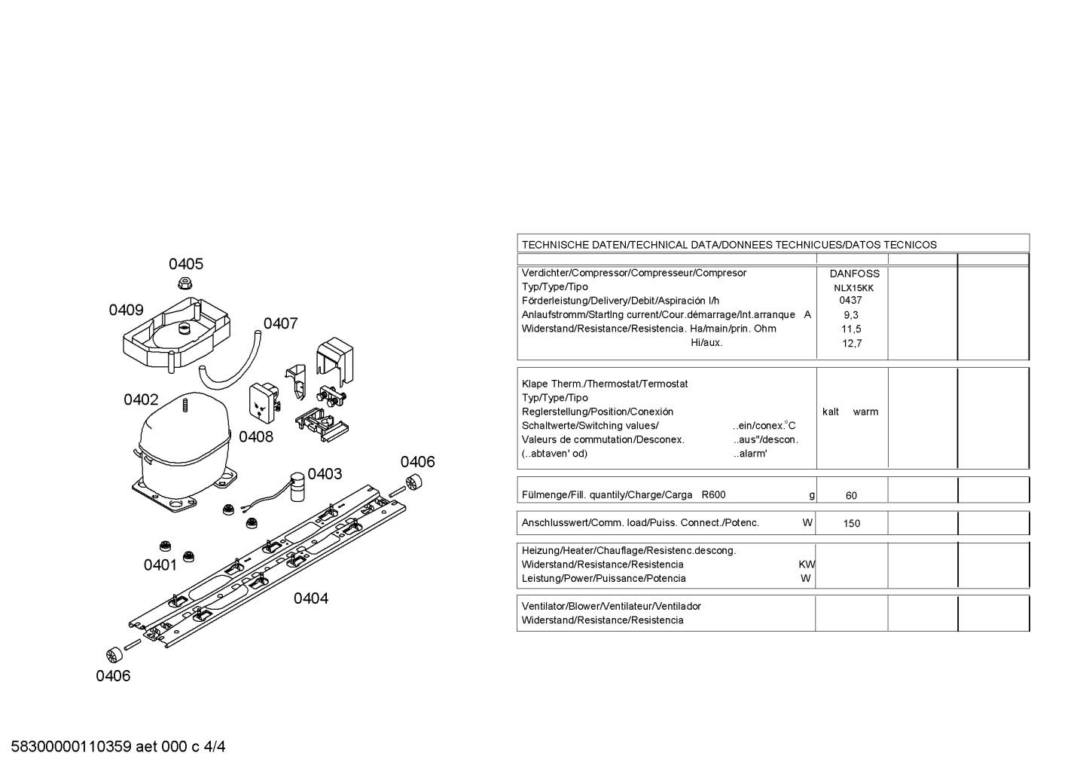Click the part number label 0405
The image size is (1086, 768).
click(x=186, y=264)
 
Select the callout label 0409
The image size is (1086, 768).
click(x=126, y=310)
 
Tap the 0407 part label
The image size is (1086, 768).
click(x=280, y=323)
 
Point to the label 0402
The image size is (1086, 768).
click(x=141, y=399)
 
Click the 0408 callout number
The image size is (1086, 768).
click(x=256, y=436)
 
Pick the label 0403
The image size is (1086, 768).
click(x=325, y=473)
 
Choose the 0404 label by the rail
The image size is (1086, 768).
click(x=311, y=598)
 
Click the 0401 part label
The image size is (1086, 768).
click(x=160, y=565)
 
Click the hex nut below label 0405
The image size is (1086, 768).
click(x=185, y=283)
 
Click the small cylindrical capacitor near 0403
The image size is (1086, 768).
click(x=297, y=487)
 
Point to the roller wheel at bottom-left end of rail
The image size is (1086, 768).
click(x=114, y=655)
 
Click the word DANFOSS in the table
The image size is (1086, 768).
click(x=854, y=274)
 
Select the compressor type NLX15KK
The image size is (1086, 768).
click(x=854, y=288)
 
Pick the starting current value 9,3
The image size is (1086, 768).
click(x=851, y=315)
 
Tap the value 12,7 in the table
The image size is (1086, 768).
click(x=852, y=344)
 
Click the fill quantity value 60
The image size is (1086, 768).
click(x=851, y=495)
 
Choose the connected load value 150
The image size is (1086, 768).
click(x=852, y=524)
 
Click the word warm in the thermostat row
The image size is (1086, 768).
click(x=866, y=412)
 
